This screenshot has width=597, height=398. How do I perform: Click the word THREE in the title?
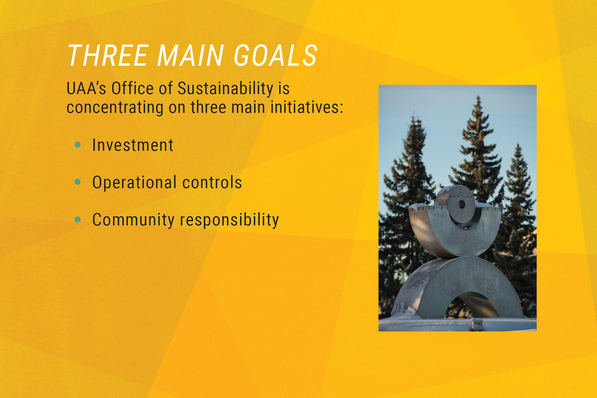point(108,56)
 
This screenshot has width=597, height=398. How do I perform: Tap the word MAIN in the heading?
point(190,56)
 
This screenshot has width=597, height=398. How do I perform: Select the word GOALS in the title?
point(275,56)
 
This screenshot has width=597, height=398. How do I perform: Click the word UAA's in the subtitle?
point(86,89)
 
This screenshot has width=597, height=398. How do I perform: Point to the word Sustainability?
point(225,89)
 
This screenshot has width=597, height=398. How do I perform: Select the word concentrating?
point(115,107)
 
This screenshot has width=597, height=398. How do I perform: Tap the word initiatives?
point(307,107)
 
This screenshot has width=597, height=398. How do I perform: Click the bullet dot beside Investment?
point(78,145)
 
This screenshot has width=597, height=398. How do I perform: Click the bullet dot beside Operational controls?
point(78,182)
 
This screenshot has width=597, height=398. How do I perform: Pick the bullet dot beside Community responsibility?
point(78,219)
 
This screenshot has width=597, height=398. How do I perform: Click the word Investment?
point(133,145)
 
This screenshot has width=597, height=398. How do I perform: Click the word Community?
point(133,220)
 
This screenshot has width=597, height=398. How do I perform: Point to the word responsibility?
point(229,220)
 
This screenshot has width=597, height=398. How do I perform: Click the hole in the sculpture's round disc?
point(462,205)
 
